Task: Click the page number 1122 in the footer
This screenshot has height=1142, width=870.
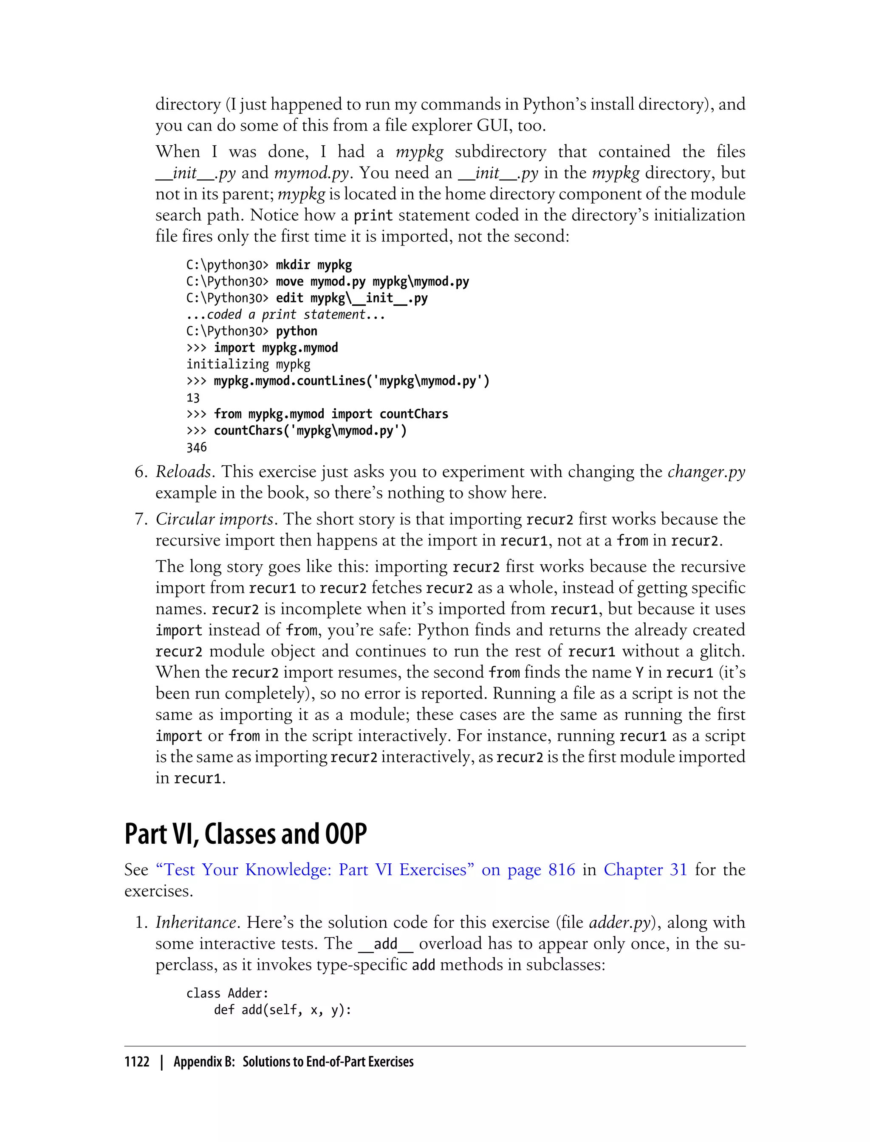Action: [137, 1062]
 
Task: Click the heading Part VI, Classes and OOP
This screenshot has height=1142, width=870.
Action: [246, 834]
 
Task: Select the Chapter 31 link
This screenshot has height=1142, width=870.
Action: [645, 870]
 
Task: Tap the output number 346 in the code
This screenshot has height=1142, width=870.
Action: [196, 447]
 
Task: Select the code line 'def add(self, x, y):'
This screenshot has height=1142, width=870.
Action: [283, 1010]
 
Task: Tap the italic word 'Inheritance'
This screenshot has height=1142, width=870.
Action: [196, 922]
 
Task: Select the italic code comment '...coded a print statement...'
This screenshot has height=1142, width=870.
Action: [285, 315]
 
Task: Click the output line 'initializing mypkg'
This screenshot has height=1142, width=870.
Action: [248, 365]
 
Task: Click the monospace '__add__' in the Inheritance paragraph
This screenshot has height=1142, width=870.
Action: [386, 944]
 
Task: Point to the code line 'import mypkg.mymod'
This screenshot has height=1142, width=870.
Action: [276, 348]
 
